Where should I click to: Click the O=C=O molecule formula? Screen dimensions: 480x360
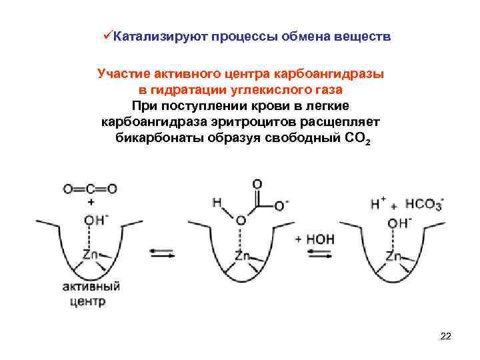pos(90,189)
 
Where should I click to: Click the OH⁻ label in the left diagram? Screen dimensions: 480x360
pos(92,219)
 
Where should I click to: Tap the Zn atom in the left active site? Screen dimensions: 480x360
pos(91,255)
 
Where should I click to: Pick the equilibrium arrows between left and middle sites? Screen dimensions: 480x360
pos(161,253)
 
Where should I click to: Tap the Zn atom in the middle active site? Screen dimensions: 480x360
pos(243,255)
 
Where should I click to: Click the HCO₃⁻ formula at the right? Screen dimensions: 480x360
pos(425,204)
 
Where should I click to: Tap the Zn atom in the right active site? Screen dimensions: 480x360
pos(394,255)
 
